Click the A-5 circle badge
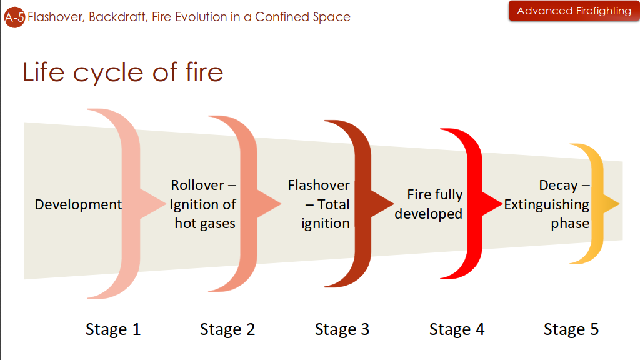[14, 17]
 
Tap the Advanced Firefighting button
[574, 11]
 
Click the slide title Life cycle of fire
[123, 72]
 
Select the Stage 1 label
[113, 329]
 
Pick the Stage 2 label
[227, 329]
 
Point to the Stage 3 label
[342, 329]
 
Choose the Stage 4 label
[457, 329]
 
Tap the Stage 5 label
[571, 329]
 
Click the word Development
[78, 204]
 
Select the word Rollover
[197, 186]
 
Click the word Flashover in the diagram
[319, 186]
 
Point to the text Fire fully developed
[429, 204]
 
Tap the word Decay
[558, 186]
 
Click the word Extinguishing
[547, 204]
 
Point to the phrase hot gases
[205, 223]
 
